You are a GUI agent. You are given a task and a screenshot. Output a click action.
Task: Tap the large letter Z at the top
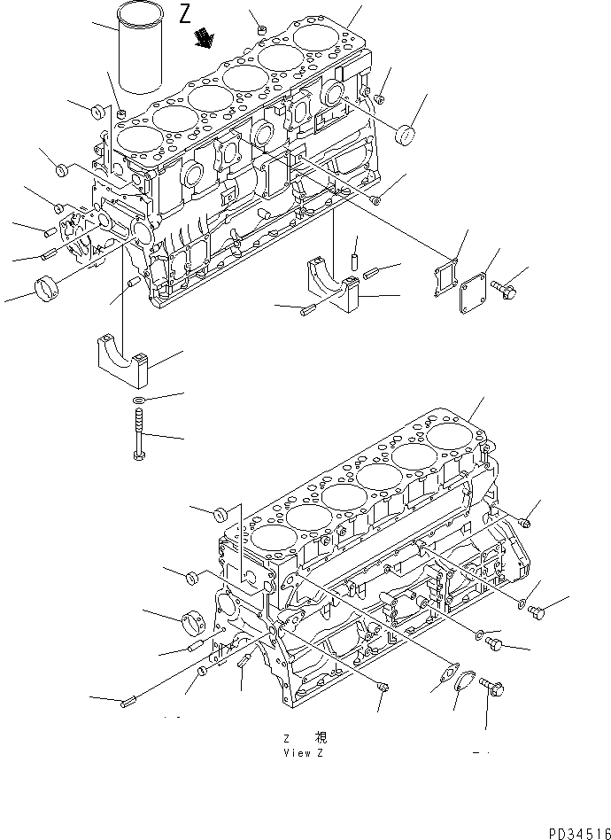click(184, 13)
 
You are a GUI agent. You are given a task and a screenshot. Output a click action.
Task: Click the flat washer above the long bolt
click(138, 402)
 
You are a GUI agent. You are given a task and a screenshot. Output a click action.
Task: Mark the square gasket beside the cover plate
click(450, 269)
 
